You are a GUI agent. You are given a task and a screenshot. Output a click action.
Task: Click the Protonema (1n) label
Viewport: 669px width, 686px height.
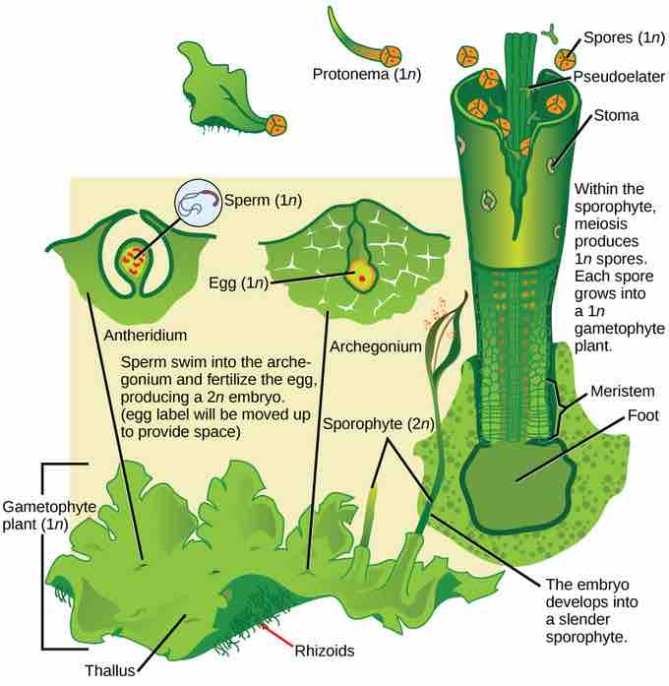click(x=366, y=75)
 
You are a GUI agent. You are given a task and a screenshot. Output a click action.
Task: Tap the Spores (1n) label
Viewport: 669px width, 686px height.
click(x=624, y=38)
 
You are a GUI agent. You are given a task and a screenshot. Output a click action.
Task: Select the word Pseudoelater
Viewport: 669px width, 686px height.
click(x=619, y=77)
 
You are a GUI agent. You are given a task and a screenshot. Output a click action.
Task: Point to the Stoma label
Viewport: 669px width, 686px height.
click(x=616, y=115)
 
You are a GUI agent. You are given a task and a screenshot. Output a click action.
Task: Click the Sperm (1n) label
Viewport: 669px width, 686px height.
click(x=263, y=201)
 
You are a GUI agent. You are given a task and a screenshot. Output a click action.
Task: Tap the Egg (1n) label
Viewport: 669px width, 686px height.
click(x=238, y=283)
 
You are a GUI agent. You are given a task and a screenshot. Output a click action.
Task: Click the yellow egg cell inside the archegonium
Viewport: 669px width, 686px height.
click(x=361, y=276)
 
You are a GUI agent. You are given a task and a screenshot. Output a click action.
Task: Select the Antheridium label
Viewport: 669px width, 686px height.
click(x=146, y=336)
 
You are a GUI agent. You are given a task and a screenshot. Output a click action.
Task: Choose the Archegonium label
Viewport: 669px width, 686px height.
click(x=376, y=347)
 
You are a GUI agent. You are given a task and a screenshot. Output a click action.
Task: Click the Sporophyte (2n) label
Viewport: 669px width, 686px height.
click(x=378, y=424)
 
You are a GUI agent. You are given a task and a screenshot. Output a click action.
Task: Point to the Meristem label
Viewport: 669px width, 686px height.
click(x=622, y=391)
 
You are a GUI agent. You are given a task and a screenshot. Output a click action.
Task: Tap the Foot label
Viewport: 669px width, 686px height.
click(x=642, y=415)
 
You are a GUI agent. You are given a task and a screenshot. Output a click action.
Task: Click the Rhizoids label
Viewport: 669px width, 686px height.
click(x=325, y=651)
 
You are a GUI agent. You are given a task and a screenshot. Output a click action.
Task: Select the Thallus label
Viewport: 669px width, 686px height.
click(x=110, y=670)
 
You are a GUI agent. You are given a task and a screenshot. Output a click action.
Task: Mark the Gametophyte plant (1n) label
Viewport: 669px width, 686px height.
click(x=49, y=516)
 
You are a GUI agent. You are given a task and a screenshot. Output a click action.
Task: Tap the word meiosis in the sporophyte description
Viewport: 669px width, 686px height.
click(x=600, y=224)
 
